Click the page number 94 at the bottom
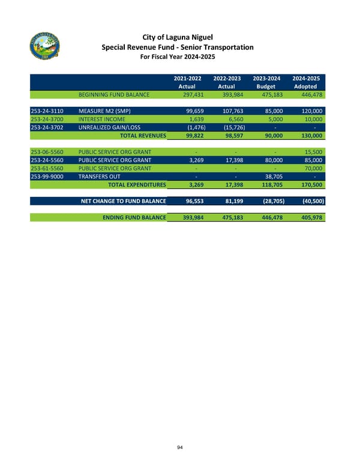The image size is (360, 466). click(x=179, y=446)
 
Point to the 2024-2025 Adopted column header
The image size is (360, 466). click(x=305, y=82)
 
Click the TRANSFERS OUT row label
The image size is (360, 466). click(x=98, y=177)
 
